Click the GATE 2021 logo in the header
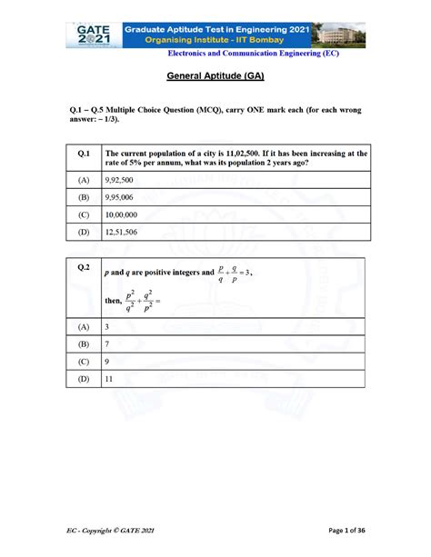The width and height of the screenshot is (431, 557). pos(95,35)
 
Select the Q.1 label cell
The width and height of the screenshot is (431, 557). pos(83,154)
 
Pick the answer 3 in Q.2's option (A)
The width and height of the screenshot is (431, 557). pos(108,326)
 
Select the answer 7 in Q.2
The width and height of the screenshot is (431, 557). pos(108,345)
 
